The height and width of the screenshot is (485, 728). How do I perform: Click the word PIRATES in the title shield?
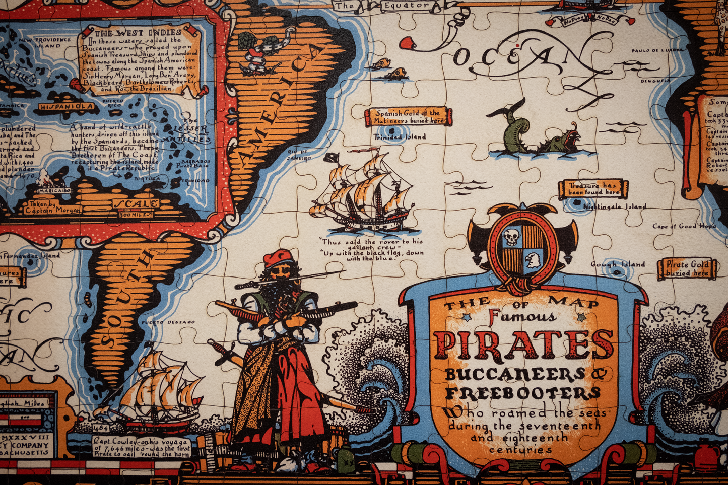point(524,345)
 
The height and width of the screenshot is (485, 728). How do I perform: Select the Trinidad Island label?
point(400,136)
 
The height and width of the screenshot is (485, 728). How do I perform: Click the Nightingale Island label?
point(614,206)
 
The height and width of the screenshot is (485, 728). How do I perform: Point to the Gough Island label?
point(618,264)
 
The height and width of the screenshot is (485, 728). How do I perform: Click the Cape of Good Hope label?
point(684,226)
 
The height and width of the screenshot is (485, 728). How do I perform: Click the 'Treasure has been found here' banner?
point(593,189)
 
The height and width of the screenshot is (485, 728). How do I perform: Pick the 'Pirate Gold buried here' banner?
point(687,269)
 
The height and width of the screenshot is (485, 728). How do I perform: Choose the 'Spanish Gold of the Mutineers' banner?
point(408,117)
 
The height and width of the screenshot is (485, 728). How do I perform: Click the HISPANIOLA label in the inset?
point(68,106)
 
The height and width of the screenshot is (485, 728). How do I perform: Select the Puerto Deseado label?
point(168,322)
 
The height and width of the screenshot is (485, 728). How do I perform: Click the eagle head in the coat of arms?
point(533,260)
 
